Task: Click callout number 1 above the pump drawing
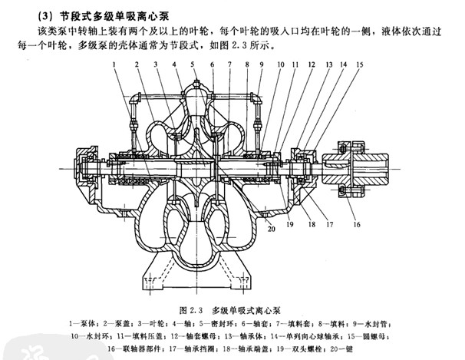pyautogui.click(x=113, y=66)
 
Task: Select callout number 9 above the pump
pyautogui.click(x=262, y=66)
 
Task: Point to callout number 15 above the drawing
pyautogui.click(x=358, y=66)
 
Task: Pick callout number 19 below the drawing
pyautogui.click(x=291, y=226)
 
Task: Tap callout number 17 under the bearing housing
pyautogui.click(x=328, y=225)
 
